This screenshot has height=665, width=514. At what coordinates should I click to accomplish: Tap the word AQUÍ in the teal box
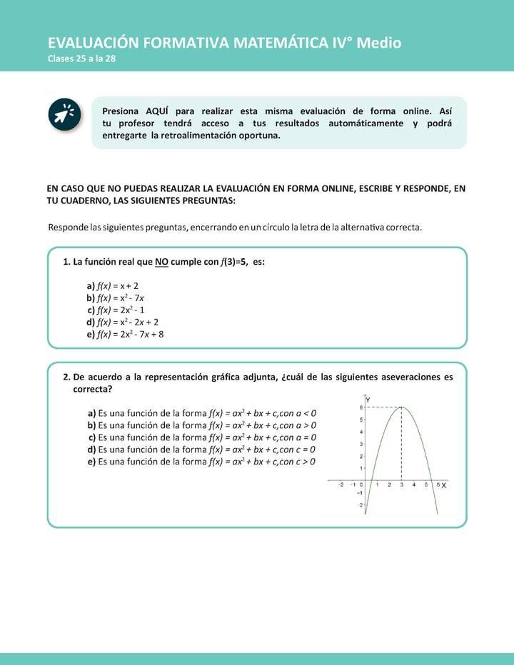[157, 112]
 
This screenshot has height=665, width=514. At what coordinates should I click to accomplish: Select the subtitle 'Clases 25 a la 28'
[81, 59]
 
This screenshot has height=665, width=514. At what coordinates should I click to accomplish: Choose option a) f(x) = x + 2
[112, 285]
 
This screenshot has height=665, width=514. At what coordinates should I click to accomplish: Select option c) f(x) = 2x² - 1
[116, 310]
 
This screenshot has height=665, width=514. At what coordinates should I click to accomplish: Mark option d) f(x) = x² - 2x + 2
[122, 322]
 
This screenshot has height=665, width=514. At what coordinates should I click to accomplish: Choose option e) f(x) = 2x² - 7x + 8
[125, 334]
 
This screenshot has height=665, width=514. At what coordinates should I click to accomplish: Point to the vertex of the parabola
[401, 407]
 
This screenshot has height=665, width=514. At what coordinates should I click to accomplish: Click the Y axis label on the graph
[368, 400]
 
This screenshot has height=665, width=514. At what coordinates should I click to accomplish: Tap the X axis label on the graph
[444, 485]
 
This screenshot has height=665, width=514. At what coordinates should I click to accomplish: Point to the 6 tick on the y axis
[361, 407]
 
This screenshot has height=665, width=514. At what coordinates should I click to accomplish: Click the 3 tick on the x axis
[401, 485]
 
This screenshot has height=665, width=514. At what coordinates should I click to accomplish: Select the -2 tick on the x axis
[341, 485]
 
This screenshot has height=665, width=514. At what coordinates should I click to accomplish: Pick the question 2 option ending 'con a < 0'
[201, 413]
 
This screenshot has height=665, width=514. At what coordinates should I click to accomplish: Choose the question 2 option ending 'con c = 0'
[201, 450]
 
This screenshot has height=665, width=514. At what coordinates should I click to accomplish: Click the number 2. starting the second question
[66, 377]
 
